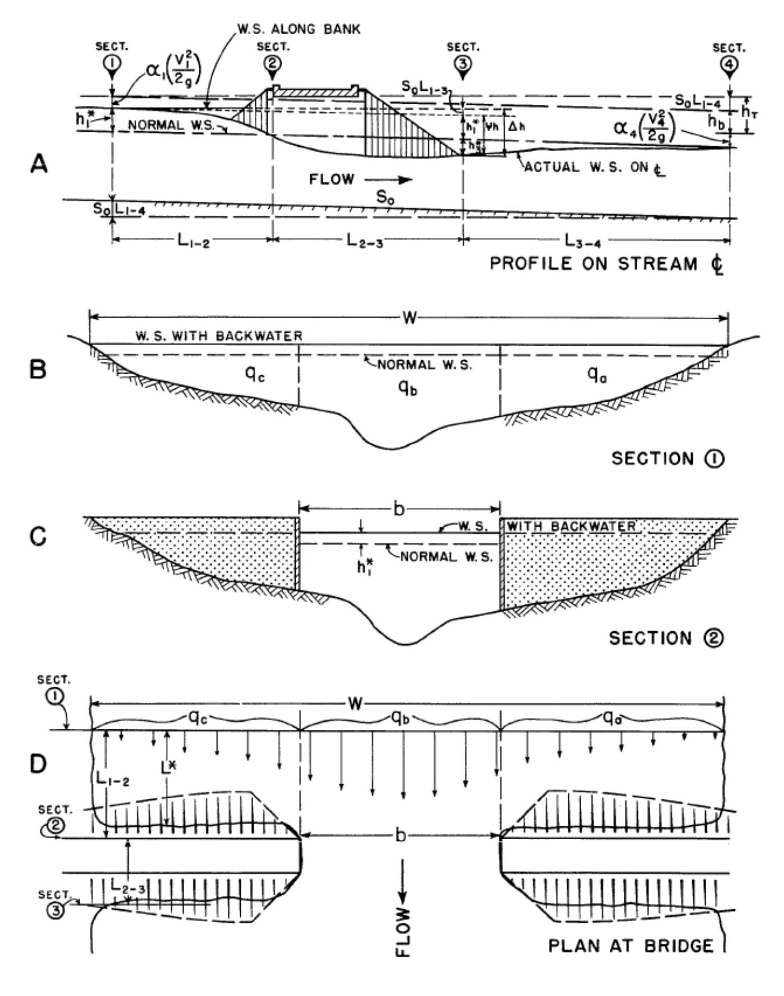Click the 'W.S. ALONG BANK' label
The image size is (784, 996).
click(x=299, y=30)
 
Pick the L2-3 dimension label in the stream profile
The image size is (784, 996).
click(x=365, y=241)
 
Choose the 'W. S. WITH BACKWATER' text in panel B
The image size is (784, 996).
click(x=218, y=336)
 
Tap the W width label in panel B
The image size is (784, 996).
click(x=409, y=318)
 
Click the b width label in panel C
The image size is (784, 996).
click(x=399, y=509)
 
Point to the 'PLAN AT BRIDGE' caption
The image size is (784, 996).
click(x=631, y=946)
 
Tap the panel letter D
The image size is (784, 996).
click(x=38, y=764)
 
